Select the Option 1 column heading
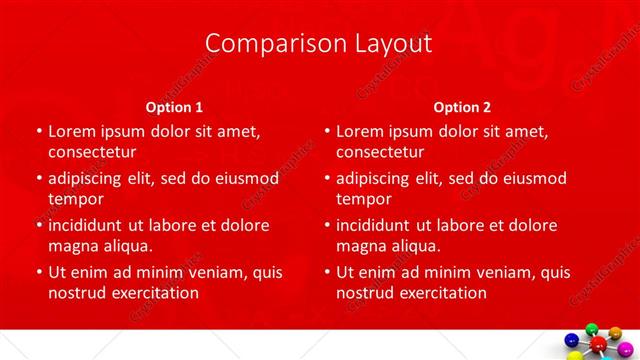point(174,106)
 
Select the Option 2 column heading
point(462,106)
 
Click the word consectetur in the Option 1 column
point(91,152)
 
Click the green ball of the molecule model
point(591,329)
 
